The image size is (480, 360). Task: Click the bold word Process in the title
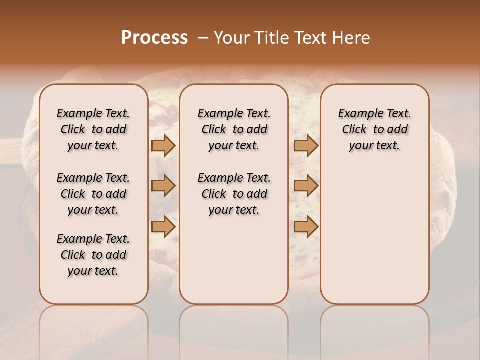[154, 38]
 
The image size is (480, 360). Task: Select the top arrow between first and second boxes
[163, 146]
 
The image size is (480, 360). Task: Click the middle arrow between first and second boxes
[163, 186]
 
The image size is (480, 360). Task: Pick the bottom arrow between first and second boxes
[163, 226]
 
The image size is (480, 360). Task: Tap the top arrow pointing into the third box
[306, 146]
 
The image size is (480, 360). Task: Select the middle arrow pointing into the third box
[306, 186]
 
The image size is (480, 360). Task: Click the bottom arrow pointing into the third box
[306, 226]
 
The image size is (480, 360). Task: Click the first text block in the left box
[93, 129]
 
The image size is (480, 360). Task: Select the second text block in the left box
[93, 194]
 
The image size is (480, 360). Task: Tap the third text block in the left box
[93, 255]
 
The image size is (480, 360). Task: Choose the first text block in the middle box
[234, 129]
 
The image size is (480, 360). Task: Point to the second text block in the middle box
[234, 194]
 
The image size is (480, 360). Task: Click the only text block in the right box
[375, 129]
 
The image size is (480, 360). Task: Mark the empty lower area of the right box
[375, 230]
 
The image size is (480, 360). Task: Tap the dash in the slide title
[202, 38]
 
